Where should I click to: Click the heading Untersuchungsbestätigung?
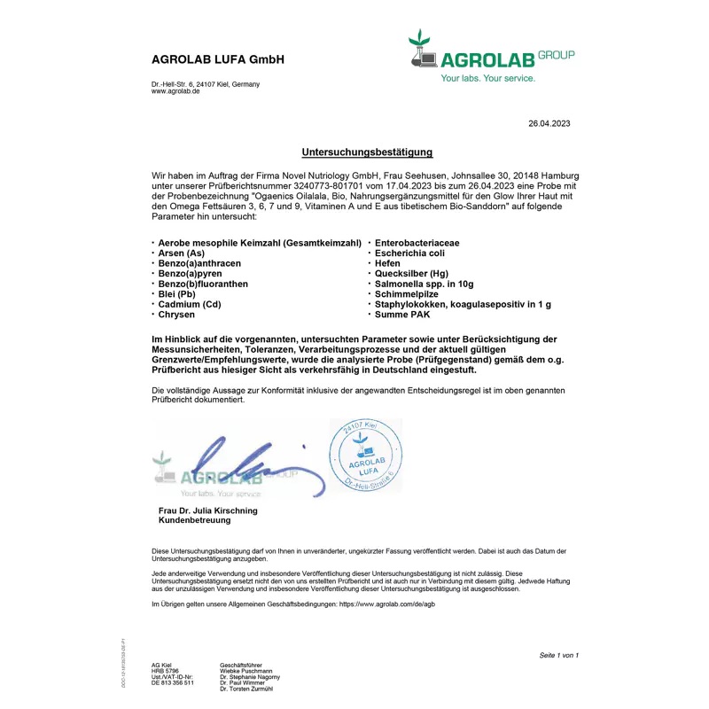[367, 152]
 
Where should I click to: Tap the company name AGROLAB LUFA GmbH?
[217, 61]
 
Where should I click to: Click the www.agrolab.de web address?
[175, 91]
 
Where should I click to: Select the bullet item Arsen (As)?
[181, 253]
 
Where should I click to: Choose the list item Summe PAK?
[403, 315]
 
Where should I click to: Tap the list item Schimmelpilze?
[407, 294]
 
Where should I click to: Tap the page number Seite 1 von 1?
[558, 655]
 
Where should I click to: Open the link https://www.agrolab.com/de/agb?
[387, 604]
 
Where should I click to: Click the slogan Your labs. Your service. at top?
[488, 79]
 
